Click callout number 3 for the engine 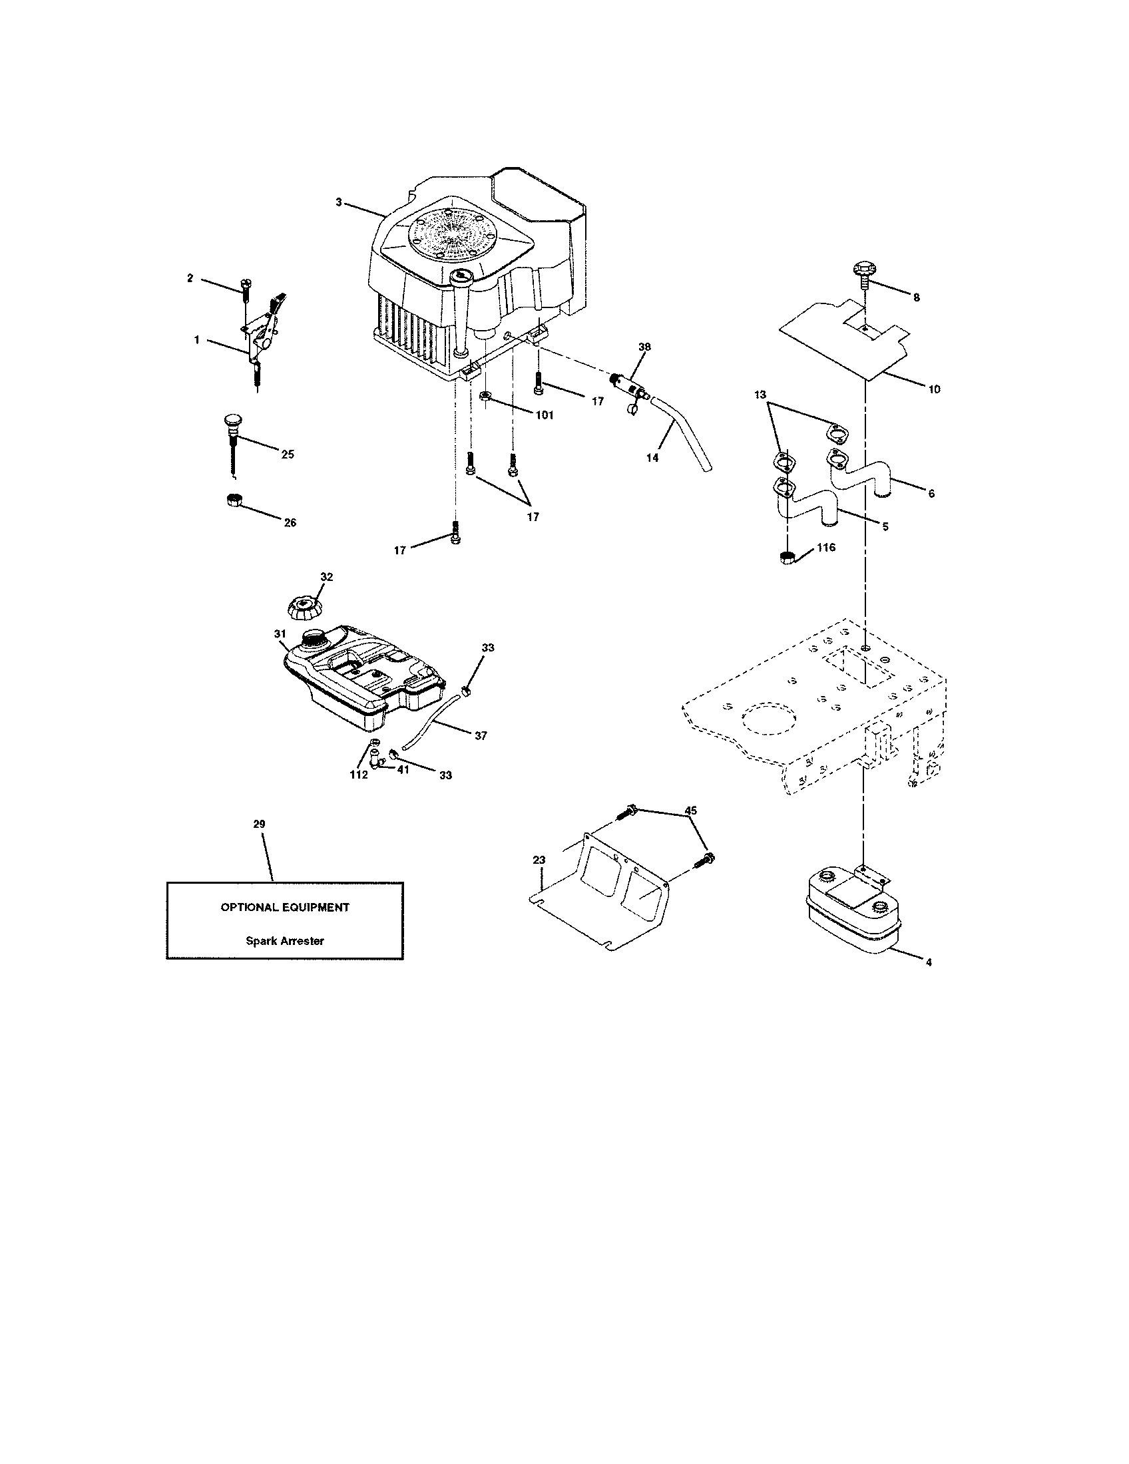[x=339, y=202]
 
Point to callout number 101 [x=544, y=415]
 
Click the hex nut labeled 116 [x=788, y=558]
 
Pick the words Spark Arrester [x=284, y=940]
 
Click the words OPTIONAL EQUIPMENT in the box [x=285, y=907]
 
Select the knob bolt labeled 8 [x=865, y=276]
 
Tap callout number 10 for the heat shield [x=934, y=389]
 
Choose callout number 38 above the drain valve [x=644, y=347]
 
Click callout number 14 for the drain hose [x=652, y=458]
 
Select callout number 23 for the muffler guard [x=540, y=859]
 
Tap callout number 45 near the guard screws [x=690, y=810]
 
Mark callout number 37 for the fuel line [x=480, y=735]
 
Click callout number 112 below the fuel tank [x=358, y=775]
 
